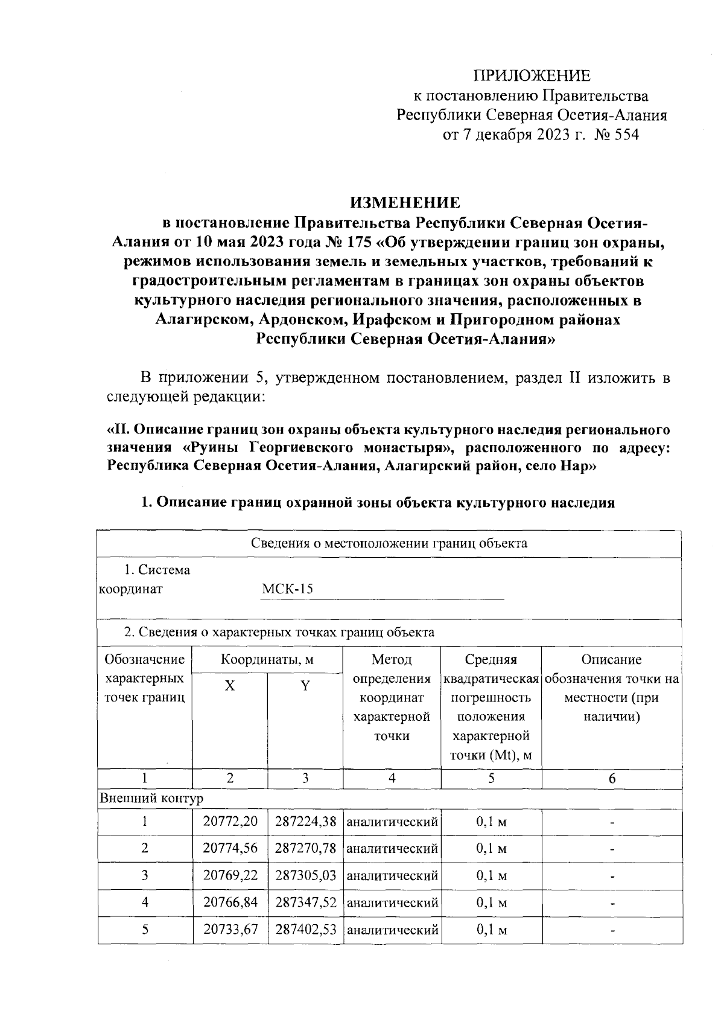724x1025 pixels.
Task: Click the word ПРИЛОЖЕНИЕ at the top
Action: (532, 75)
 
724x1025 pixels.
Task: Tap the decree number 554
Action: (625, 135)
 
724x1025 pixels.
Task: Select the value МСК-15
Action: (288, 589)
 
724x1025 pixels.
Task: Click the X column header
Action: (230, 686)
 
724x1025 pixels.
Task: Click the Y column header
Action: (305, 686)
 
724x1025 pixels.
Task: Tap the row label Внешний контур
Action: (151, 798)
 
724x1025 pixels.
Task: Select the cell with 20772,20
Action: (230, 822)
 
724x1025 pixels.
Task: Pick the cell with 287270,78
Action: (305, 848)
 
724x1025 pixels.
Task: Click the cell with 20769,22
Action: (230, 875)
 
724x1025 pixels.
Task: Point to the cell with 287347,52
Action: (305, 902)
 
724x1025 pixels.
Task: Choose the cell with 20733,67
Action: (230, 930)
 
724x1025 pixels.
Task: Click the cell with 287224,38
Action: (305, 822)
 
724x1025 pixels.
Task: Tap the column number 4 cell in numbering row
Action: (392, 778)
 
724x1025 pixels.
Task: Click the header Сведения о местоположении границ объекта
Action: (389, 543)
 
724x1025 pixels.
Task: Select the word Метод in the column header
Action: (392, 659)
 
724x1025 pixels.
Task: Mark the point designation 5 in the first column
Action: (145, 930)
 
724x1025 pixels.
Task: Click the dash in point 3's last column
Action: (612, 877)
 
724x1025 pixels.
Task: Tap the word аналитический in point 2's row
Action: (392, 849)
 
